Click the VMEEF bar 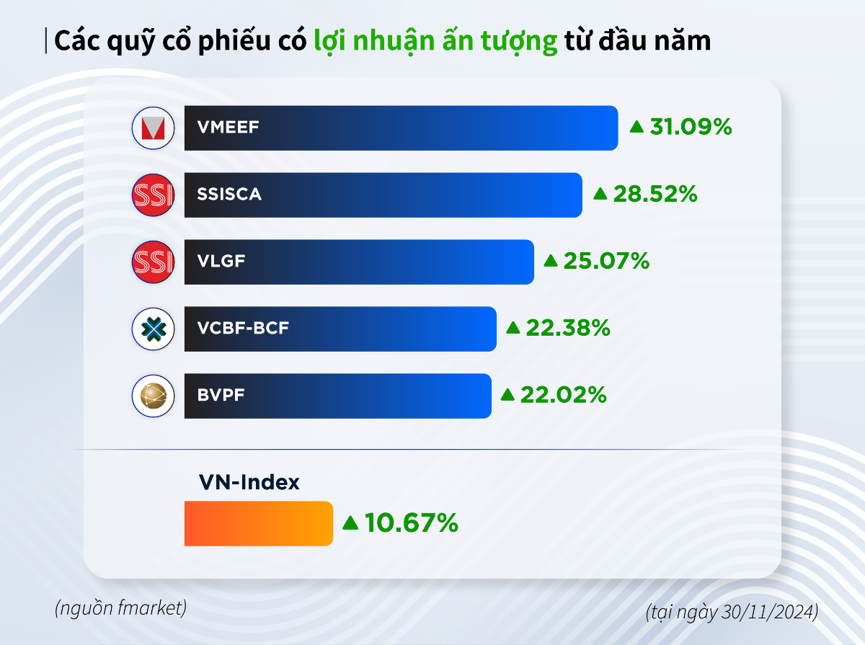pos(401,128)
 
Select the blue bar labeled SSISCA pos(383,195)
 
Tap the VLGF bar pos(359,262)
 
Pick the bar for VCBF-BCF pos(340,329)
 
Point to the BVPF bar pos(337,396)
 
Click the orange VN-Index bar pos(258,523)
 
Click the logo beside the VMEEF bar pos(154,129)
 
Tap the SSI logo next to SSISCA pos(154,195)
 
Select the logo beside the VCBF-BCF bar pos(154,329)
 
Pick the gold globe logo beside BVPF pos(154,396)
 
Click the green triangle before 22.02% pos(507,395)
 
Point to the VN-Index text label pos(249,482)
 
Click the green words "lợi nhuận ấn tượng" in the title pos(436,41)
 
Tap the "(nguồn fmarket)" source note pos(120,608)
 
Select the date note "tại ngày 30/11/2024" pos(732,613)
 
